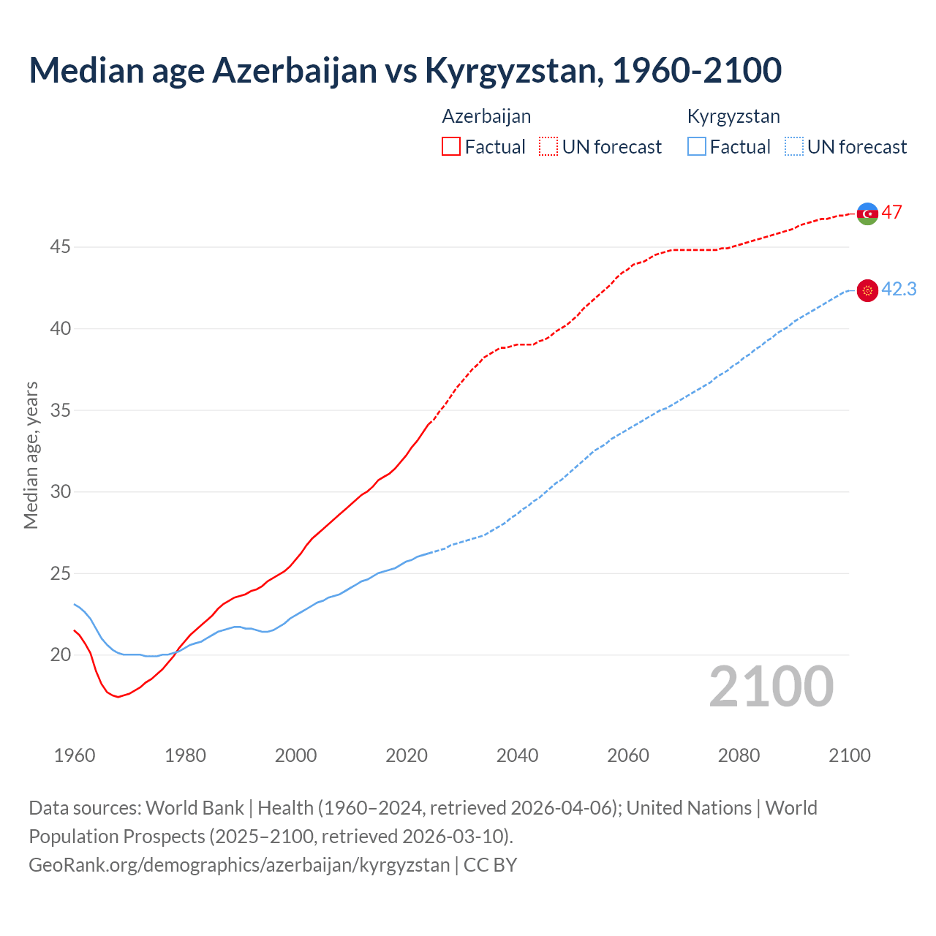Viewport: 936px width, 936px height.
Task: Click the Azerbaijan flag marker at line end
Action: pyautogui.click(x=867, y=214)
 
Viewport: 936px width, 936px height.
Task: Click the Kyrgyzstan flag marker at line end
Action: pyautogui.click(x=867, y=290)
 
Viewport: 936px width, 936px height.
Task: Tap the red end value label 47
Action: pyautogui.click(x=891, y=212)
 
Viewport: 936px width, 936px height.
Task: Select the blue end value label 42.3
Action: pyautogui.click(x=899, y=289)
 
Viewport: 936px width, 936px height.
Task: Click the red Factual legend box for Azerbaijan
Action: pyautogui.click(x=451, y=146)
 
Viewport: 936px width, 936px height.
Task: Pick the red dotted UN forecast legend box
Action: pyautogui.click(x=548, y=146)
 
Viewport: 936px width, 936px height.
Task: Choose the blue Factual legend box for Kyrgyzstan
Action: pyautogui.click(x=697, y=146)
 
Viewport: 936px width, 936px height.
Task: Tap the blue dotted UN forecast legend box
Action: pyautogui.click(x=793, y=146)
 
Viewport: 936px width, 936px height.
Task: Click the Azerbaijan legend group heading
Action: pyautogui.click(x=486, y=116)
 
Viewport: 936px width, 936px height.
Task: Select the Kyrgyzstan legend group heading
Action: pyautogui.click(x=733, y=116)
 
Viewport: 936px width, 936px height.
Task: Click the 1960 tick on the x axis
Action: pyautogui.click(x=75, y=755)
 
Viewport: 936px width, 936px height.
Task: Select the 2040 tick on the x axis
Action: pyautogui.click(x=517, y=755)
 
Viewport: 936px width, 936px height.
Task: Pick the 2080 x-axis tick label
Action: pyautogui.click(x=739, y=755)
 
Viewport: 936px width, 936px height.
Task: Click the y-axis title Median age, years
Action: pyautogui.click(x=31, y=455)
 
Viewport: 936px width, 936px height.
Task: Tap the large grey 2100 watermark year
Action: pyautogui.click(x=771, y=686)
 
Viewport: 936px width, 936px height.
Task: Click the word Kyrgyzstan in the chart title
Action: pyautogui.click(x=514, y=71)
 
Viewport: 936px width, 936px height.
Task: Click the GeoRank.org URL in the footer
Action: pyautogui.click(x=239, y=864)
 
